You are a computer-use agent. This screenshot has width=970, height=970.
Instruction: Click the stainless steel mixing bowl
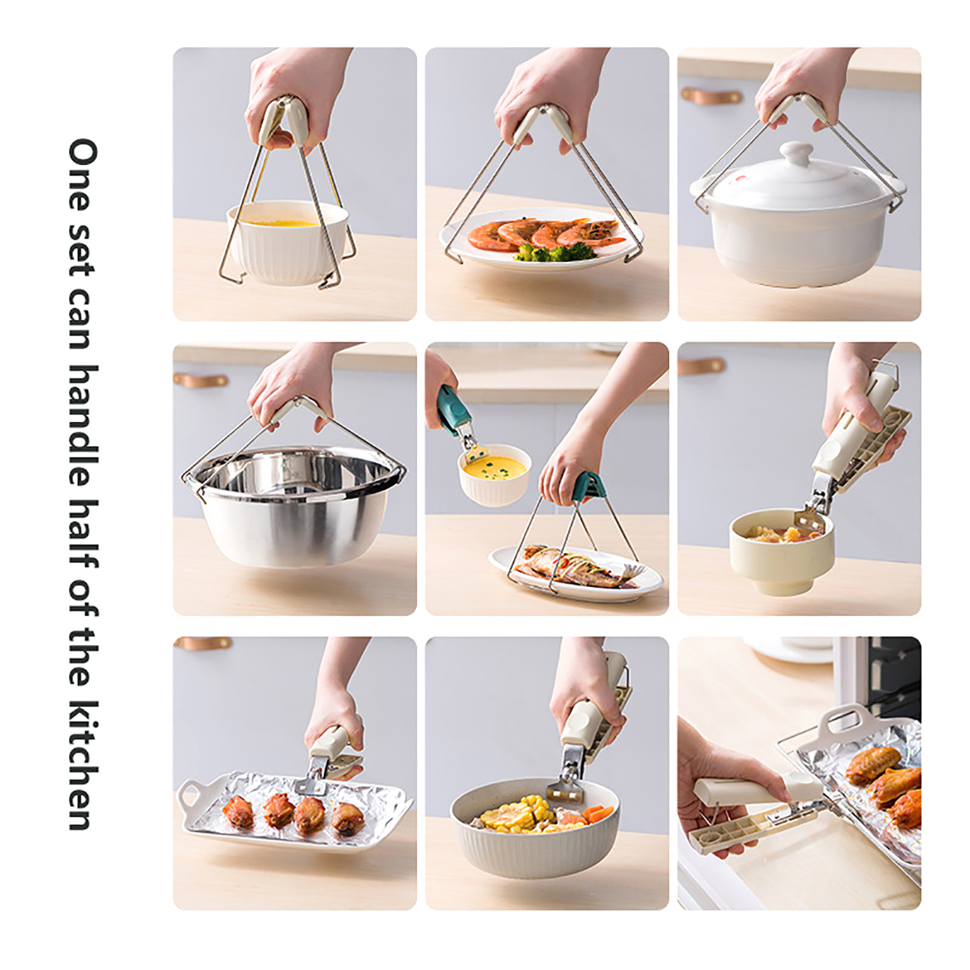pos(295,507)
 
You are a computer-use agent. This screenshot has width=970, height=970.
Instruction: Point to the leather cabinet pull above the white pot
pos(711,96)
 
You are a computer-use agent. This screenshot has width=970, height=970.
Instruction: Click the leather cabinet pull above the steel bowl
pos(200,380)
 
